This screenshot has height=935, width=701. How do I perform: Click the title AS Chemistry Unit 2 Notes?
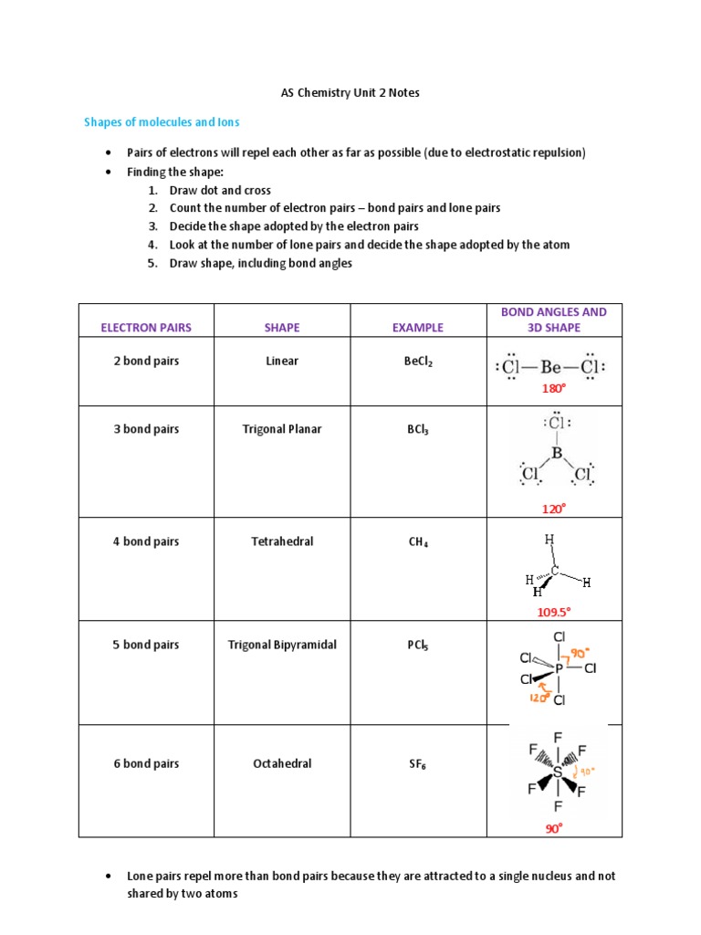350,93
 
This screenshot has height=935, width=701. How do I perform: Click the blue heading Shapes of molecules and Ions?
162,121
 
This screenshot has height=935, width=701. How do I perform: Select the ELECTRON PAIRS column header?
146,327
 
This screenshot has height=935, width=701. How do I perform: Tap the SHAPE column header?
281,327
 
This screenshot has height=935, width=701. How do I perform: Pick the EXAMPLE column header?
417,327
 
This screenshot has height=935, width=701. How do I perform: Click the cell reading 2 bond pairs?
146,361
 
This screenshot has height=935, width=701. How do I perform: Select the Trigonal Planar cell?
281,429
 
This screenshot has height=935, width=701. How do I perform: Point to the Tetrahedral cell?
281,541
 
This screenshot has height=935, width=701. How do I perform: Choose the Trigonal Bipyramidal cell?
281,645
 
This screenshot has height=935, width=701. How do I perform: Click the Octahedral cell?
281,763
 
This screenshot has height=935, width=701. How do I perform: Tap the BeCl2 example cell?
418,362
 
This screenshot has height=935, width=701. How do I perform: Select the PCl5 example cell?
418,646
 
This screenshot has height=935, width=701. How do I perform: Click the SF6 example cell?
418,764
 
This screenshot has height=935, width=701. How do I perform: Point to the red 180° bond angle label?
554,388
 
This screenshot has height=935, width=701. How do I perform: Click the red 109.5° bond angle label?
554,612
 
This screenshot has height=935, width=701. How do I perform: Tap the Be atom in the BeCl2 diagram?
550,367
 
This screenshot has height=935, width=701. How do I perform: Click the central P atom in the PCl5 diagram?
559,668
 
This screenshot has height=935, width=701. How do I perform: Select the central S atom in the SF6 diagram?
558,772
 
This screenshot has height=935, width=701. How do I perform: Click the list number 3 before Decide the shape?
152,226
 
